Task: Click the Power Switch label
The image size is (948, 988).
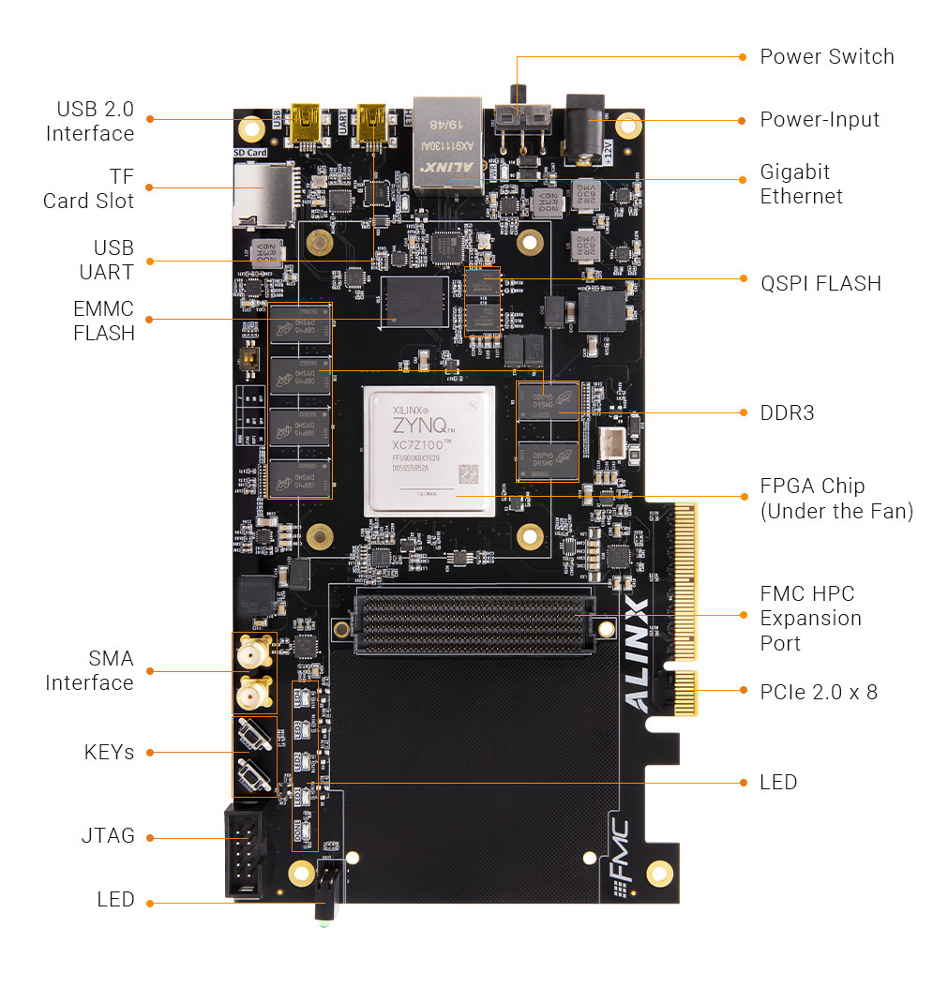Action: [826, 56]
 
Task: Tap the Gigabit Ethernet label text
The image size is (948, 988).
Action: [800, 184]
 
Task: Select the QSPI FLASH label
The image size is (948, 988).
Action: [820, 283]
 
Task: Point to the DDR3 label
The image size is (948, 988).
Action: [787, 412]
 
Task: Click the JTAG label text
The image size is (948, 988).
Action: [107, 835]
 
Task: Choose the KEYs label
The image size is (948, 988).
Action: [109, 752]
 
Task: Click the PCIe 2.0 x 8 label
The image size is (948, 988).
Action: [818, 692]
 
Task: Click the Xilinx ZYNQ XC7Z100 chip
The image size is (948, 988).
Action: [429, 451]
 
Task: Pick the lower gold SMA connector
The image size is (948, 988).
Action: [252, 695]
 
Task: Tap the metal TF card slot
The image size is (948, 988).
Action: [264, 194]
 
